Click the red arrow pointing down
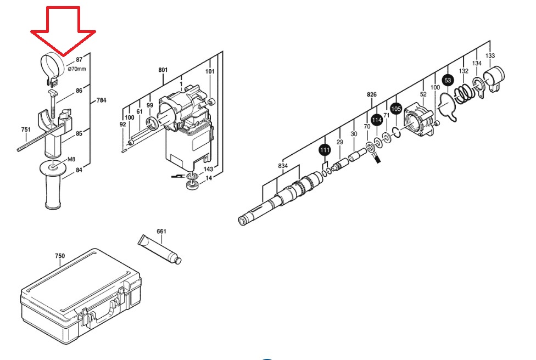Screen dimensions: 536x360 point(63,31)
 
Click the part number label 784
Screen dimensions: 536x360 point(101,100)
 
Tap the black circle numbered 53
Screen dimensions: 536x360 point(448,81)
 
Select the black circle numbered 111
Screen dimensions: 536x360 point(325,150)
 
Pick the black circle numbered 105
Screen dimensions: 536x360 point(396,109)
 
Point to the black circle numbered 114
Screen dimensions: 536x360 point(377,120)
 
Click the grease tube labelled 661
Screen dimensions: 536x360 point(159,249)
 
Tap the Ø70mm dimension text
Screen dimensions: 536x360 point(77,69)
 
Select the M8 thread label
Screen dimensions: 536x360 point(71,159)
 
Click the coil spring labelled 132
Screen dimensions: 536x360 point(464,93)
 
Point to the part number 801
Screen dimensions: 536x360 point(163,70)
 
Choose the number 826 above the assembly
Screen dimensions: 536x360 point(372,94)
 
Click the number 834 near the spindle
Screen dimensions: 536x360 point(283,166)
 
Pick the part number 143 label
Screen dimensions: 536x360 point(208,169)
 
